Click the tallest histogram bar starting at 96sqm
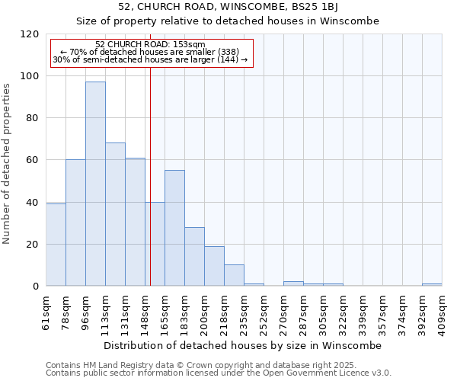pos(95,184)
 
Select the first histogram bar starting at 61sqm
pos(56,245)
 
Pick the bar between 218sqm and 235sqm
pos(234,275)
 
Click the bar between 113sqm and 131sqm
pos(115,214)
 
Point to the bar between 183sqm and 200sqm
pos(194,256)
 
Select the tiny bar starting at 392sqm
pos(432,284)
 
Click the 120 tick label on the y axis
pos(30,34)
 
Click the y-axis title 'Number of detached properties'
pos(8,164)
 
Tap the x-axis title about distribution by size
pos(244,345)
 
